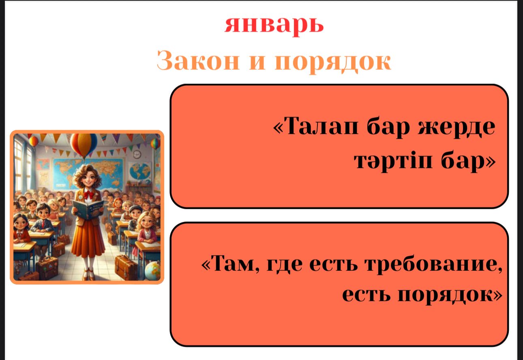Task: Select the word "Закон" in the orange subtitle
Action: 198,61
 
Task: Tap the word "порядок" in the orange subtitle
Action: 333,62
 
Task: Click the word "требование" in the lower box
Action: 433,265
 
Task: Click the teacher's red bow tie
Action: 88,194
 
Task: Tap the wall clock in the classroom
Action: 137,154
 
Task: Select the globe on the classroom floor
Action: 153,270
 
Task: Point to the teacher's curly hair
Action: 87,174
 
